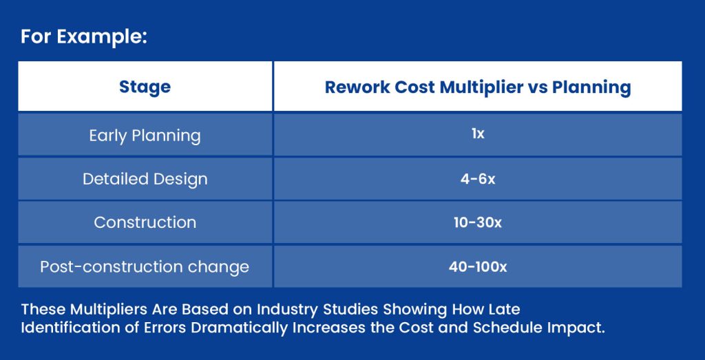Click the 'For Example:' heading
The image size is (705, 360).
pos(83,38)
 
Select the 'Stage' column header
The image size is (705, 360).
pos(145,87)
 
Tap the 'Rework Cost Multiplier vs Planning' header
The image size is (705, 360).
pos(478,87)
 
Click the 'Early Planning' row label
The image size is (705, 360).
pos(145,136)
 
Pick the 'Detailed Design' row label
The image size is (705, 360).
pos(145,179)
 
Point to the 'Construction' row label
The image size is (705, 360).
pos(145,222)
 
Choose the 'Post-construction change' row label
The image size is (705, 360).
pos(145,267)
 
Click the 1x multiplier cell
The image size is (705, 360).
pos(478,134)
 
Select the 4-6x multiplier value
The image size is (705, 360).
pos(478,179)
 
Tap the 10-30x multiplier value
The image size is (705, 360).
pos(478,222)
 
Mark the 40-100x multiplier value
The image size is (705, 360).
pos(478,267)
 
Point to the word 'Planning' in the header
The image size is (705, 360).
pos(591,87)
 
